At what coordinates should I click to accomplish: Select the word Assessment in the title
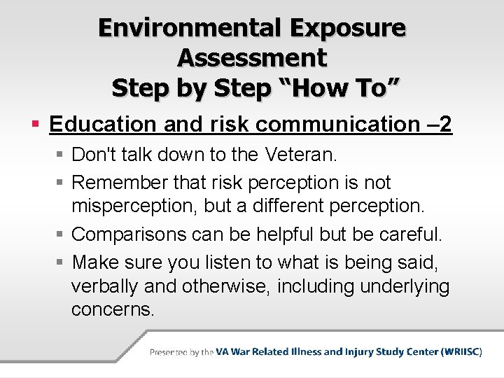point(252,58)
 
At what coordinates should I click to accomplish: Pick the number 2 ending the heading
point(444,125)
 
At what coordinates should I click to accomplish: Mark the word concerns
point(113,310)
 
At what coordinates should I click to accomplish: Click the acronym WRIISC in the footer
point(460,351)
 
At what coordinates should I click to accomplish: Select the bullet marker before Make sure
point(61,262)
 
